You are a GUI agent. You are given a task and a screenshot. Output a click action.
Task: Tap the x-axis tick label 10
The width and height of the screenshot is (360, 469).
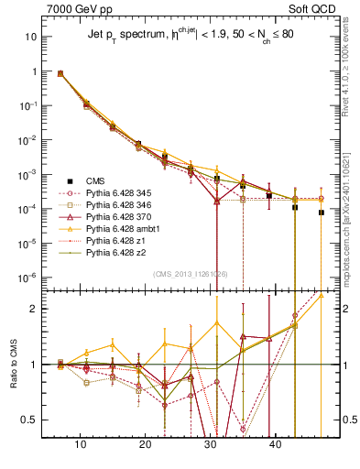point(81,444)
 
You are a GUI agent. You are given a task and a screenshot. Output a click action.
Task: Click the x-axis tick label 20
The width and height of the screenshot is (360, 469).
point(145,444)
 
